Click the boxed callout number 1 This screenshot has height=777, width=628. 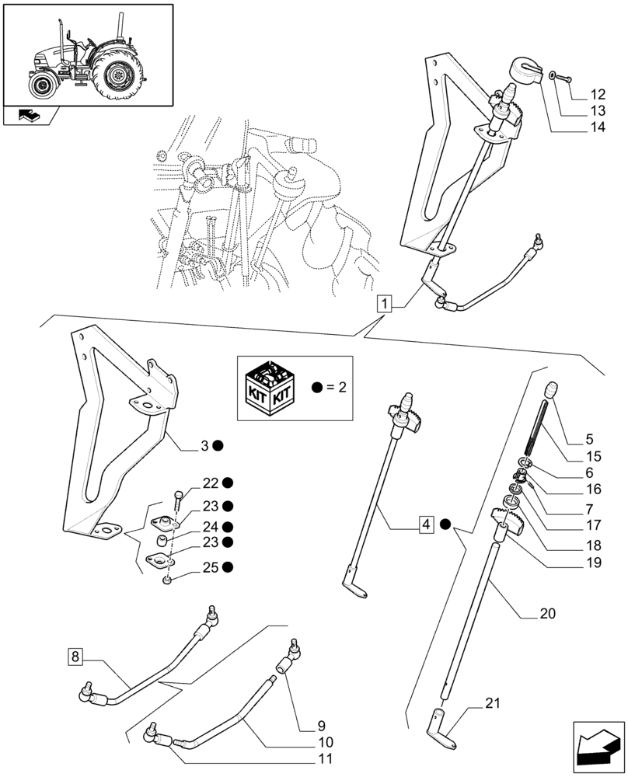387,303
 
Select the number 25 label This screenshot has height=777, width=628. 210,567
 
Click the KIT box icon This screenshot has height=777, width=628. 268,388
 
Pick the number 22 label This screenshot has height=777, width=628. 210,483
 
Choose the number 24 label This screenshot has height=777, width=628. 210,526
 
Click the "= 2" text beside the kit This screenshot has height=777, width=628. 331,388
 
